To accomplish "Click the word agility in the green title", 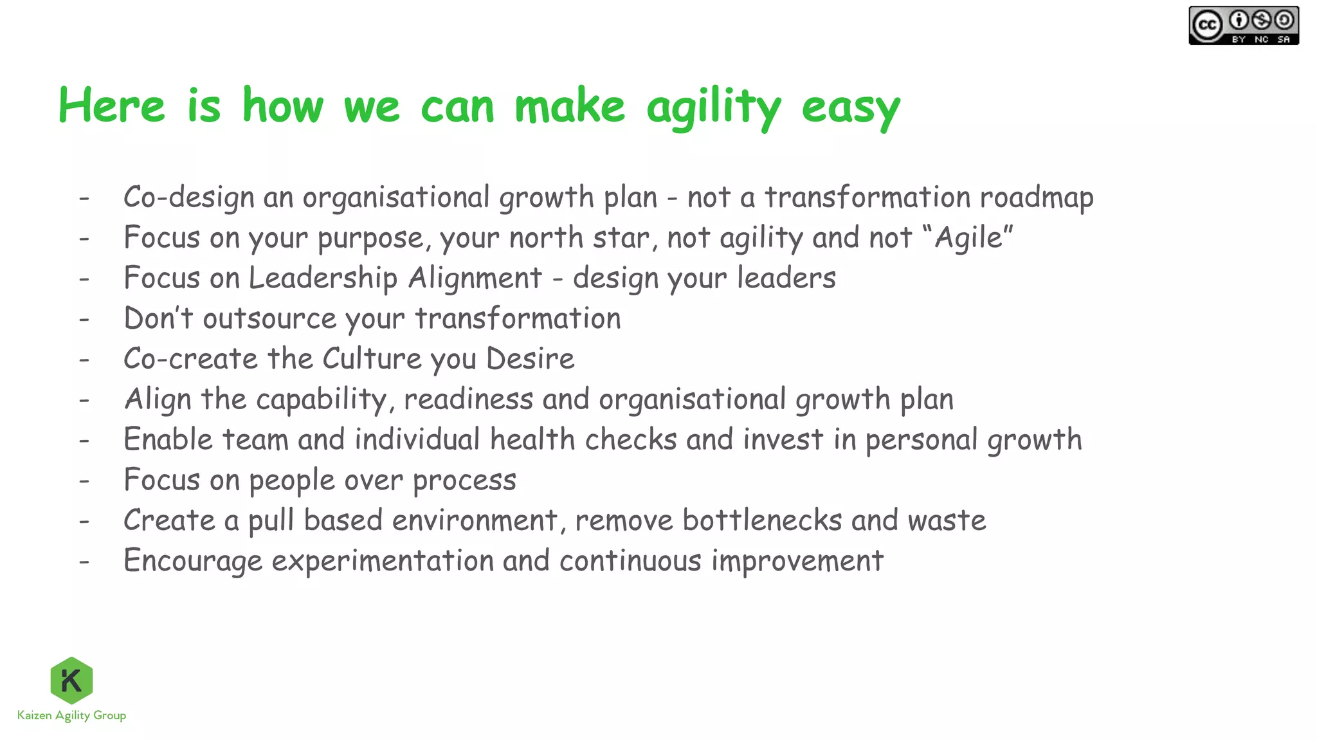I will (714, 107).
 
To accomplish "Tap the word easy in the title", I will (850, 108).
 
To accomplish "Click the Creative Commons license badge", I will (1243, 26).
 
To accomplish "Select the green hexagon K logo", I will (71, 680).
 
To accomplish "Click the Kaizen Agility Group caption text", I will (71, 715).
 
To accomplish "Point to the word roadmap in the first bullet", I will (1036, 197).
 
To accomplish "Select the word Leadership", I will (323, 279).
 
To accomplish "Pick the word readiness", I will (468, 399).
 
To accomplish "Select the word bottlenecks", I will (762, 520).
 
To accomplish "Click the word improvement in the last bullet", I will (797, 562).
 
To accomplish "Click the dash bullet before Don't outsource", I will (84, 319).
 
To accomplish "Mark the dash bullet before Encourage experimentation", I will (84, 562).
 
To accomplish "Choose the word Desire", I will (530, 359).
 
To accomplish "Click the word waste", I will (947, 520).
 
